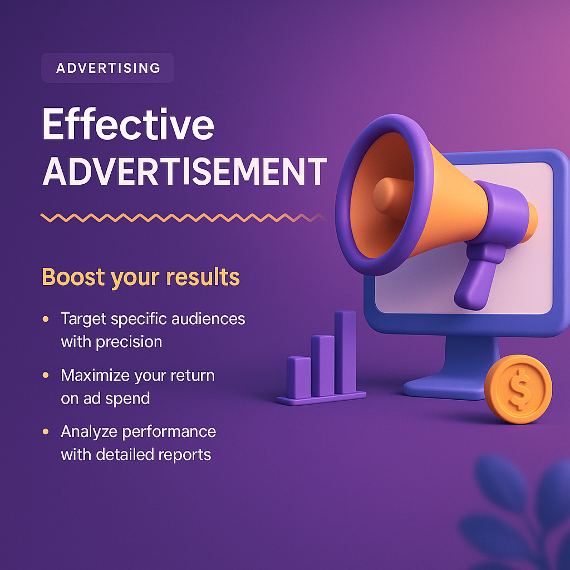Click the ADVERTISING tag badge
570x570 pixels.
(x=108, y=68)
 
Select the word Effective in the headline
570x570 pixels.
(x=127, y=126)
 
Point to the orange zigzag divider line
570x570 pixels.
(x=184, y=217)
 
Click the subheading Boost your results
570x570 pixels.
(x=141, y=277)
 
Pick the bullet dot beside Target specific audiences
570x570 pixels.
(x=46, y=320)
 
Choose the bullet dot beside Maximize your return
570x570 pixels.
(x=46, y=376)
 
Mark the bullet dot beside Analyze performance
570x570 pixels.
(x=46, y=432)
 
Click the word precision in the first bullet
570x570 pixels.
(x=129, y=342)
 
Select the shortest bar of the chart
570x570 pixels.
(x=298, y=377)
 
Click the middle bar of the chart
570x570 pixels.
(x=322, y=365)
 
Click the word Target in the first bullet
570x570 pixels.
(x=83, y=319)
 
